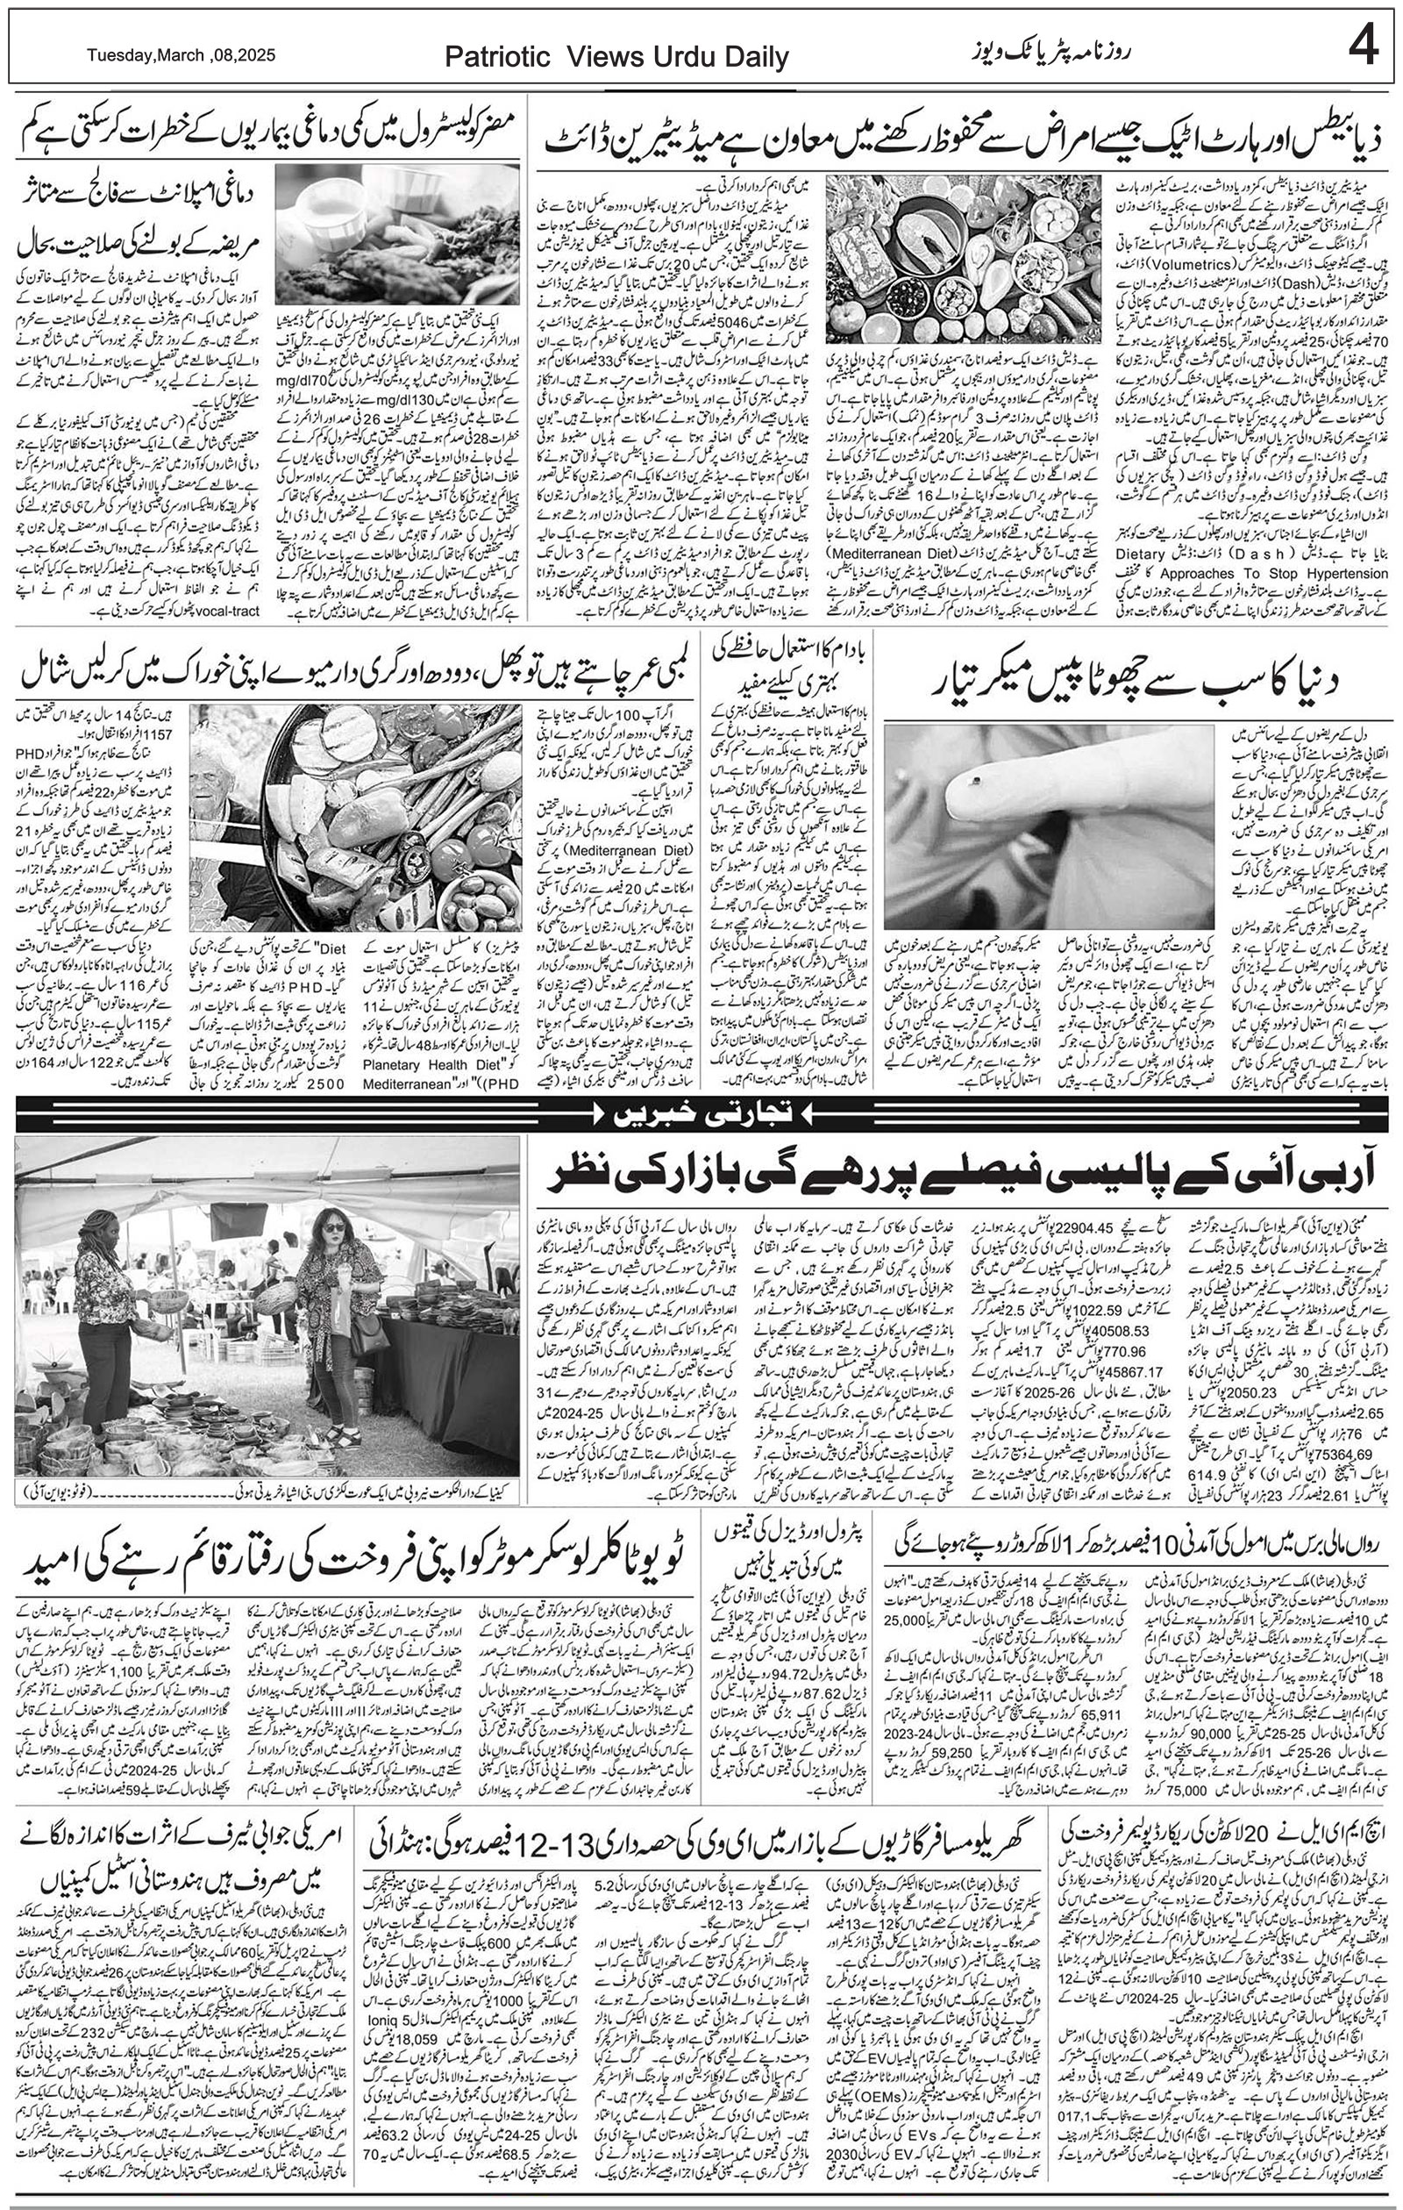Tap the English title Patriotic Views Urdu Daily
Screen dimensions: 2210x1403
[616, 58]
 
